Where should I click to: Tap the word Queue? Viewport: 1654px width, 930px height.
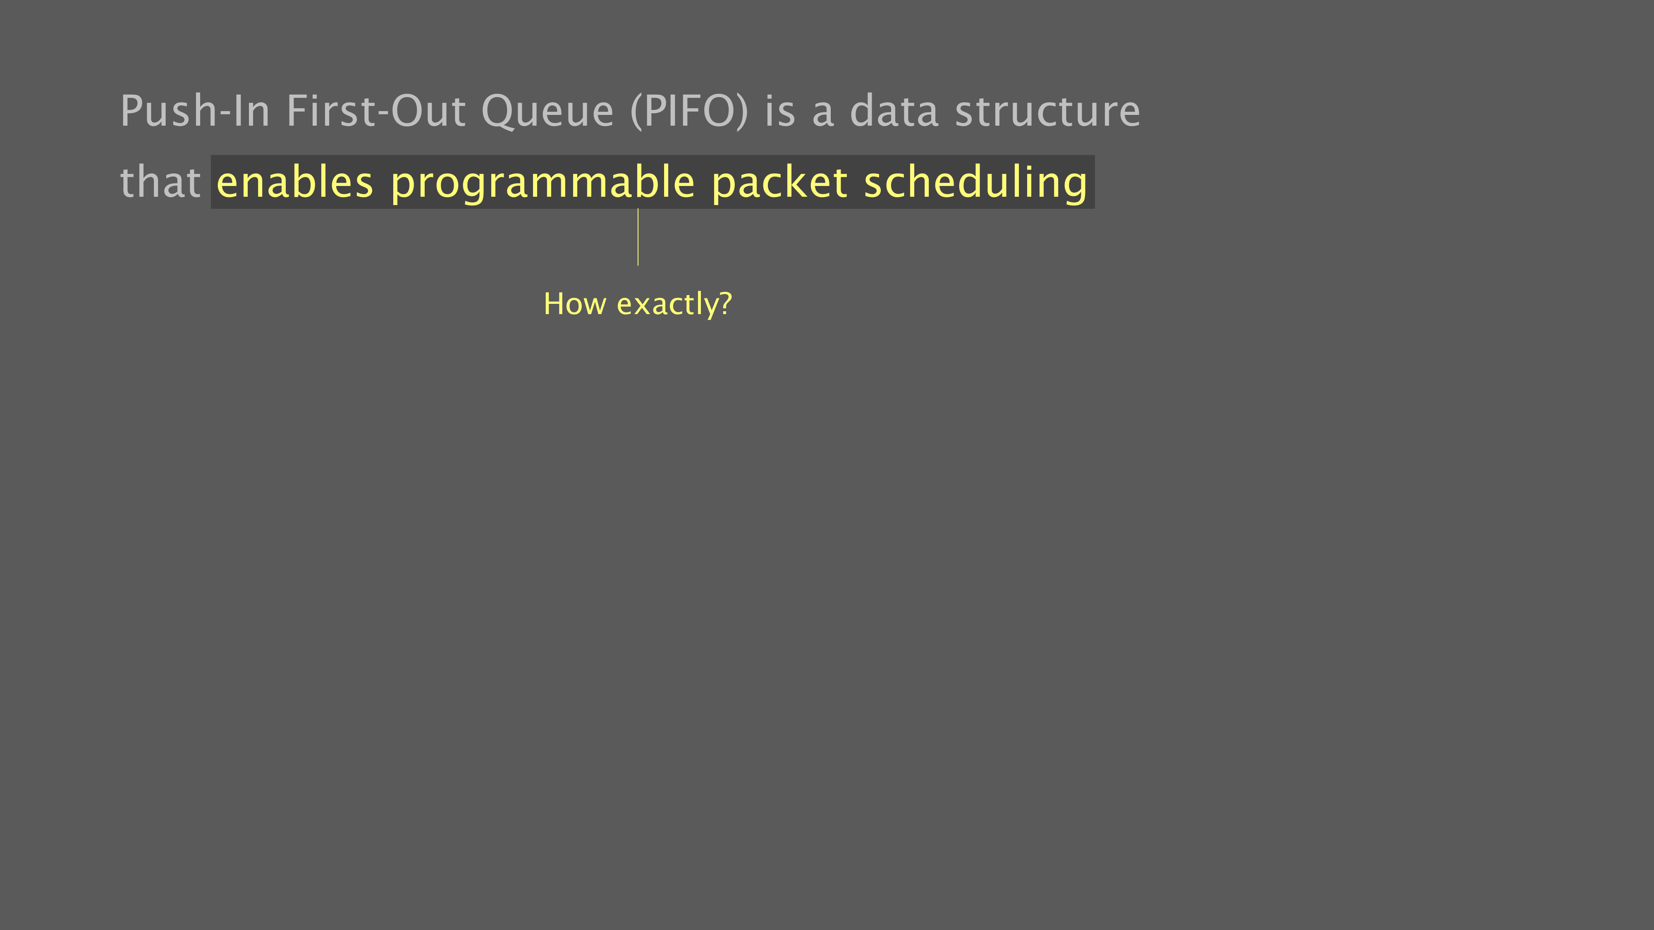pyautogui.click(x=548, y=112)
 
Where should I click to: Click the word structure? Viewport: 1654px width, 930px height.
pyautogui.click(x=1048, y=112)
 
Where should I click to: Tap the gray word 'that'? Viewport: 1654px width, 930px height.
pyautogui.click(x=160, y=181)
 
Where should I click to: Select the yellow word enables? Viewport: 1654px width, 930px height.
pyautogui.click(x=295, y=181)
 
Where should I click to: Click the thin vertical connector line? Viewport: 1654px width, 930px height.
pyautogui.click(x=638, y=237)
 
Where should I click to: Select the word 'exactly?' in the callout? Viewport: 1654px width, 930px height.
pyautogui.click(x=674, y=305)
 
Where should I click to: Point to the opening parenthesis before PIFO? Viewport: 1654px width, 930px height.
pyautogui.click(x=636, y=112)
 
